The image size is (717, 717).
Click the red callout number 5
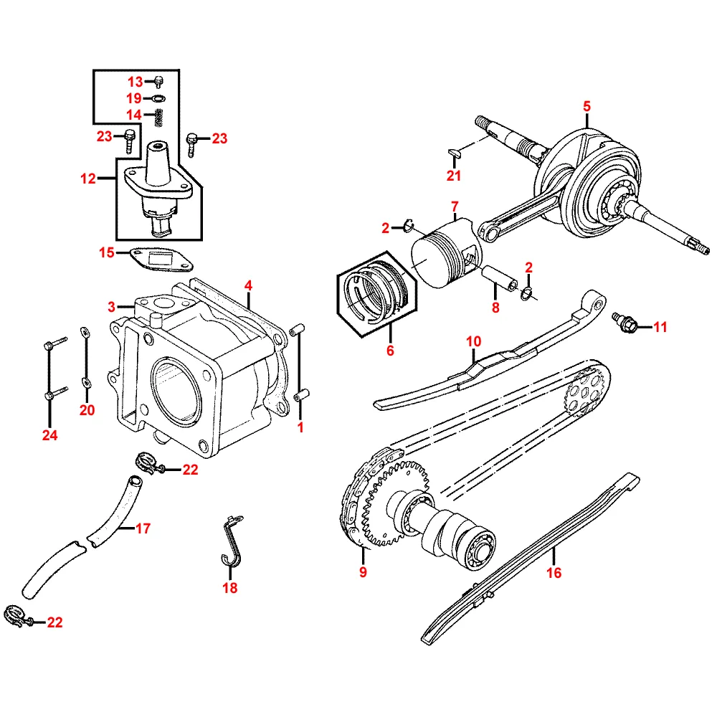[587, 106]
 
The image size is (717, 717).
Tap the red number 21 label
[454, 176]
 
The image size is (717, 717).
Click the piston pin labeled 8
[499, 278]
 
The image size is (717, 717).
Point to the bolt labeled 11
[626, 322]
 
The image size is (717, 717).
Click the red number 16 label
[554, 572]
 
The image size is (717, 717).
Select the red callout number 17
[143, 528]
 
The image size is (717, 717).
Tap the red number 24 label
[50, 435]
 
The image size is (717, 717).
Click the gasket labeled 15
[161, 260]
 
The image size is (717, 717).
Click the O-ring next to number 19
[158, 98]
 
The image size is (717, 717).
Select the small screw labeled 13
[158, 82]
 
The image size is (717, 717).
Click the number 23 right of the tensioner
[219, 138]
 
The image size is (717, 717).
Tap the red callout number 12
[88, 179]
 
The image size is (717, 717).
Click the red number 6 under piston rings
[390, 351]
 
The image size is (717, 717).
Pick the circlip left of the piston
[409, 225]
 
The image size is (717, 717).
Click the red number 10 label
[474, 341]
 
